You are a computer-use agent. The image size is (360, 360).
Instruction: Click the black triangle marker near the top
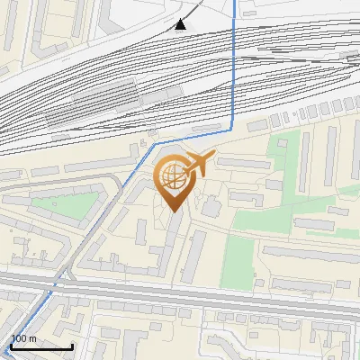click(x=182, y=24)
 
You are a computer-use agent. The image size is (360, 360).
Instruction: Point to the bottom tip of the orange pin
click(x=172, y=211)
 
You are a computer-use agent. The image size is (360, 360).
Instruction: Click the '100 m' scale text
click(x=23, y=338)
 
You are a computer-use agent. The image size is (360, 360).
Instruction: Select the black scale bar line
click(x=41, y=346)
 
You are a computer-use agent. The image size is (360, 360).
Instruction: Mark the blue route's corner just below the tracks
click(x=232, y=130)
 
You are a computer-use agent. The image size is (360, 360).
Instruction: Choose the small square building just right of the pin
click(x=212, y=208)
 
